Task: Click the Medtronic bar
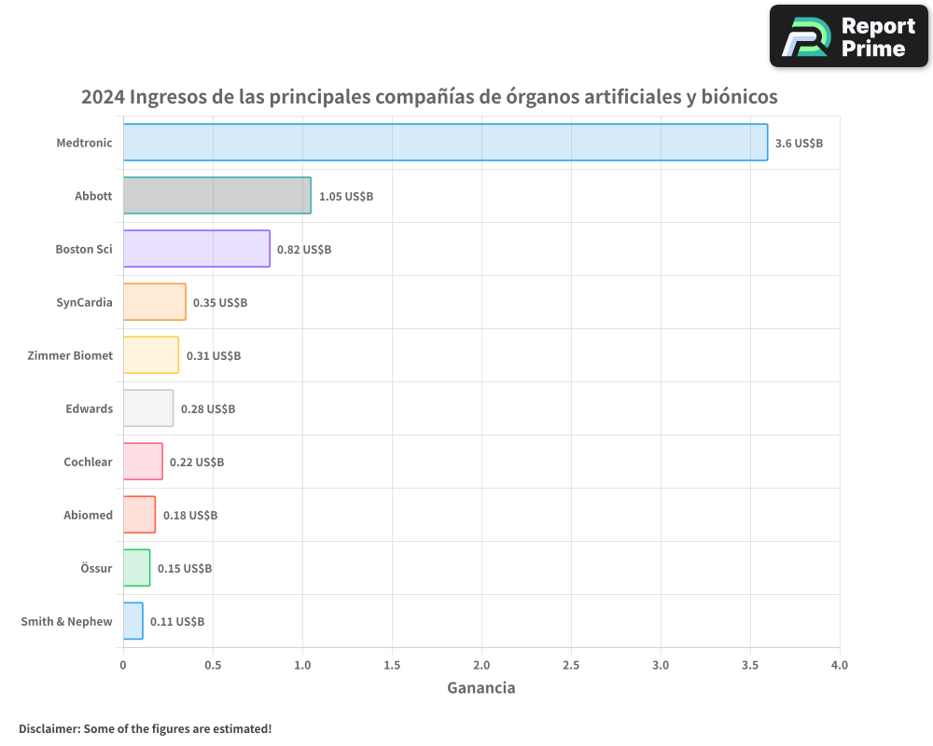445,143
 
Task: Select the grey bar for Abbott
216,196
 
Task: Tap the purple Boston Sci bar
196,249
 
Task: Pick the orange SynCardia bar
154,302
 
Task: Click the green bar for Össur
136,568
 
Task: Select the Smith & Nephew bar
132,621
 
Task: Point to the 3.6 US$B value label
799,144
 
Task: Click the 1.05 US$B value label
345,197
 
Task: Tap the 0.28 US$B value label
207,409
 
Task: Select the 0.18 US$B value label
189,516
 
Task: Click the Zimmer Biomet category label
70,355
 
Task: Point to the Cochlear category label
88,462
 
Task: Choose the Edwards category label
89,408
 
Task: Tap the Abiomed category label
88,515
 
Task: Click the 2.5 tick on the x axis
571,666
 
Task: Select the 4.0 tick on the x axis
840,666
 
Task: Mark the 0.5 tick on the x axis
213,666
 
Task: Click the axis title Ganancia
480,688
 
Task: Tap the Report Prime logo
848,36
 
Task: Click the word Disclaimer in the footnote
48,728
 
